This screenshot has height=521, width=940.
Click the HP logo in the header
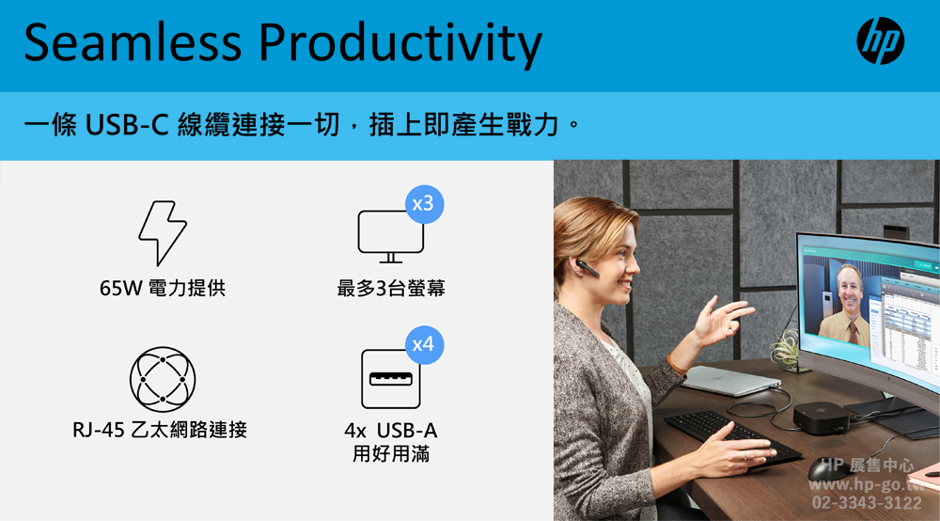coord(880,40)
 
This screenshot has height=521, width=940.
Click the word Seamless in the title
coord(133,42)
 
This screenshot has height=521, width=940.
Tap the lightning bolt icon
coord(163,233)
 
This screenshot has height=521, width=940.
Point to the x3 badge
coord(424,204)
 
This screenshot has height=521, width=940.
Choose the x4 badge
coord(424,345)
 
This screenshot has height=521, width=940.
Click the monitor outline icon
coord(390,236)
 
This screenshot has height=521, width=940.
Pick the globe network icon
coord(163,379)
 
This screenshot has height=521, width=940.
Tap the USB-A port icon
coord(390,379)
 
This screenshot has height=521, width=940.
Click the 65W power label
coord(163,289)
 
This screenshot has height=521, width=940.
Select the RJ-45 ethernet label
coord(160,430)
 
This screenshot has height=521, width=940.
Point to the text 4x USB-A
coord(390,431)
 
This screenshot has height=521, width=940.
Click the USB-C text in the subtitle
coord(126,125)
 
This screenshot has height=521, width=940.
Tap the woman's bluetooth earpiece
coord(587,268)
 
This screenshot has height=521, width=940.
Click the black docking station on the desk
coord(821,417)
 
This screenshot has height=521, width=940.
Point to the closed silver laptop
coord(730,381)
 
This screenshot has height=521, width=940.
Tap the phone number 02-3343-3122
coord(867,502)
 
